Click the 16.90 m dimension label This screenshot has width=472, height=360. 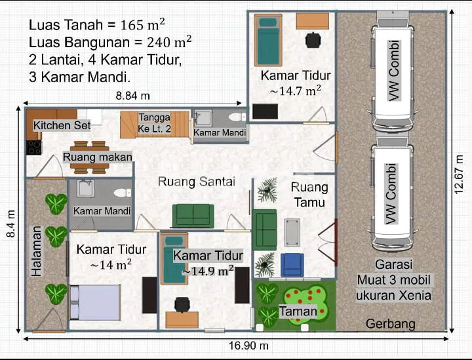(248, 346)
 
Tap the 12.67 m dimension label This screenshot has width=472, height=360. (459, 174)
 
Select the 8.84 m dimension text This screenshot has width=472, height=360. (132, 96)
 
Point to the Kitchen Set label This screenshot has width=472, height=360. (62, 125)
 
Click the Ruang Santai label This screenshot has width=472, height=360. (197, 182)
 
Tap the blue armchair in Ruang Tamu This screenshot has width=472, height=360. (292, 264)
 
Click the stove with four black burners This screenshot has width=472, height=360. (33, 148)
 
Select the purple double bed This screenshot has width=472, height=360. (95, 302)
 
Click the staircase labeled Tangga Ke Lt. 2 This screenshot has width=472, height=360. (155, 125)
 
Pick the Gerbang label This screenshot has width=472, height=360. (391, 324)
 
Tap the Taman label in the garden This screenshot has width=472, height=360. (298, 311)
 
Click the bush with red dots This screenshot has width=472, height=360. (306, 304)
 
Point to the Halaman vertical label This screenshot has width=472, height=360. (37, 251)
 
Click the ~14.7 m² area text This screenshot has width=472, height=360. (295, 90)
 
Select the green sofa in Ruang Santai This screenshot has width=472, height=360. (193, 216)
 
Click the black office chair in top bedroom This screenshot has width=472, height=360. (313, 40)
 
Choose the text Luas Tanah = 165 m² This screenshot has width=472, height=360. (97, 25)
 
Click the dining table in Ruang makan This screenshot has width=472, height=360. (89, 157)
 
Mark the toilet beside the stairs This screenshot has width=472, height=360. (237, 117)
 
